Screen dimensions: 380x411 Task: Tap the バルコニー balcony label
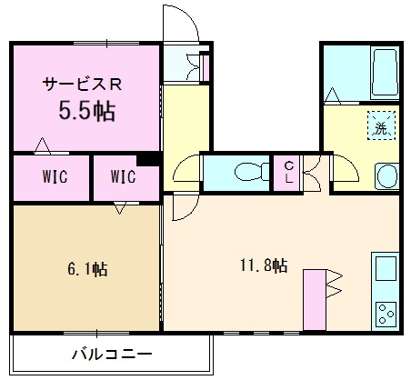111,353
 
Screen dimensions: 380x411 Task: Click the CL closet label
287,171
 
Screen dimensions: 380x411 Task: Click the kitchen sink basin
384,270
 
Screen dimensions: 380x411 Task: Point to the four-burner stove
386,314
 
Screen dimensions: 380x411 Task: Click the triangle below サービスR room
41,145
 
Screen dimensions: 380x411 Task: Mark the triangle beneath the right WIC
119,209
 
